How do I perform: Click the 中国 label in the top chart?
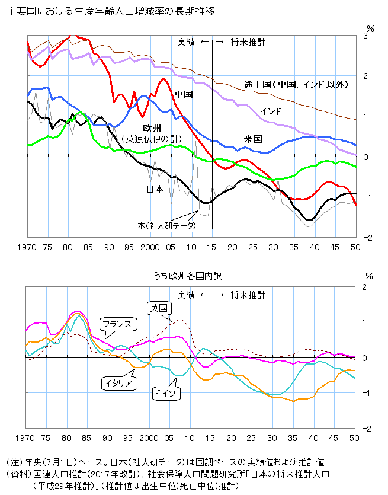coord(184,94)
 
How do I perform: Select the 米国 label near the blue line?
coord(253,139)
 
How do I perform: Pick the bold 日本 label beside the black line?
coord(155,189)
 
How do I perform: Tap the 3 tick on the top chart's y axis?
coord(365,36)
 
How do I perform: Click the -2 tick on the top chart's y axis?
coord(367,238)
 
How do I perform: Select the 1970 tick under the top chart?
coord(27,247)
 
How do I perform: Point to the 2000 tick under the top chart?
coord(152,247)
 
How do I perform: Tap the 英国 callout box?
coord(159,308)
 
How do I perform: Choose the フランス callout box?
coord(118,324)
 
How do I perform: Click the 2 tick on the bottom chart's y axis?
coord(365,287)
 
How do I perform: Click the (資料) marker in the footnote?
coord(16,474)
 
